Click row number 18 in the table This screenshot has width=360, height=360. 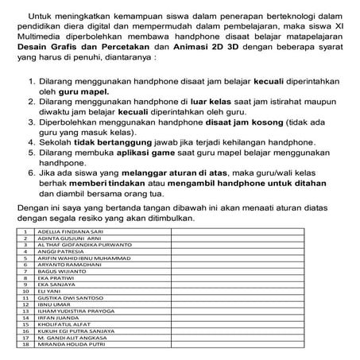click(26, 345)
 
